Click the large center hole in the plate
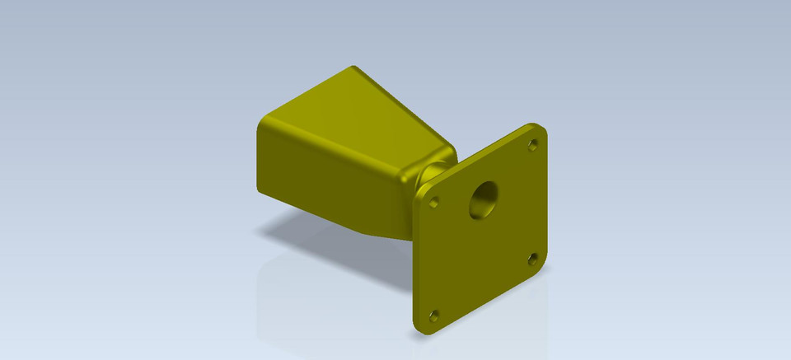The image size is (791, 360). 483,199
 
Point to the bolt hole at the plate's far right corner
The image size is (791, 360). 531,259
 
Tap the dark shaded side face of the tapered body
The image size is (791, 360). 330,181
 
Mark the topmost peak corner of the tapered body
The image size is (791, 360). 352,68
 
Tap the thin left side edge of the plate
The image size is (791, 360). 414,264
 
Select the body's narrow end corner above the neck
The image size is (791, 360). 449,148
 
